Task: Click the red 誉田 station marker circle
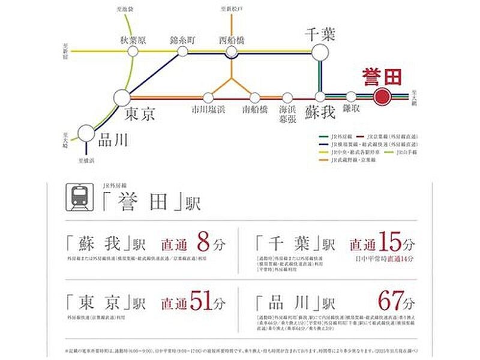point(382,97)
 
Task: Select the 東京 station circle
point(122,97)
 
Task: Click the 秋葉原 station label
point(133,40)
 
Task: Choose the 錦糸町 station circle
point(182,52)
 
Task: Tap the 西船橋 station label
point(232,40)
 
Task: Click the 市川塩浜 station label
point(208,110)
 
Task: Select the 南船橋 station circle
point(255,97)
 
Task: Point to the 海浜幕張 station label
point(287,113)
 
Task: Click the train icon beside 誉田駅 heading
point(79,198)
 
